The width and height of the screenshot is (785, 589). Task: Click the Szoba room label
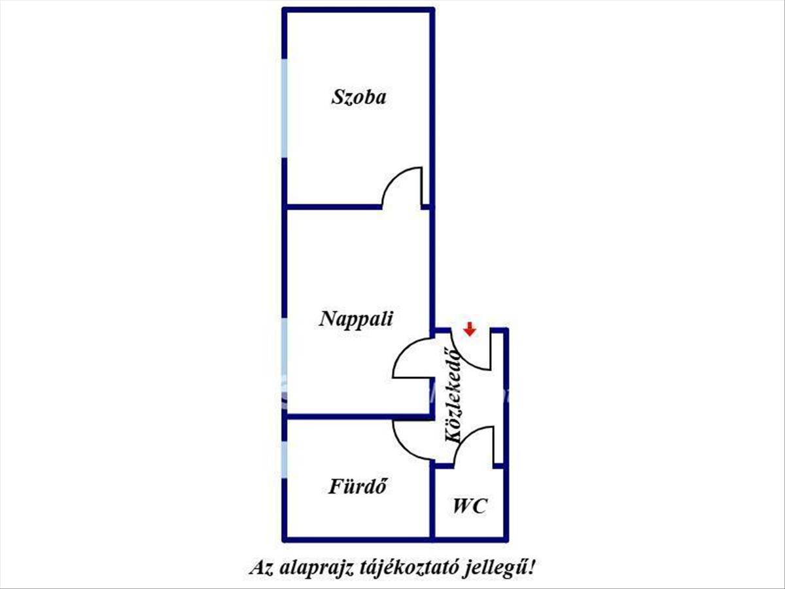tap(358, 97)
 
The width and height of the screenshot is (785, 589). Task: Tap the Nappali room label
tap(356, 318)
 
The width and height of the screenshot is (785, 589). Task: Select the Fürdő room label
tap(358, 486)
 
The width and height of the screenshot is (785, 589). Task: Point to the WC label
tap(470, 506)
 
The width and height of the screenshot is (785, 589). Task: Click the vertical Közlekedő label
tap(453, 396)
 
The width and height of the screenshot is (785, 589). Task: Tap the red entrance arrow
tap(470, 329)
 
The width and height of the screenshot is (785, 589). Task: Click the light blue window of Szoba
tap(285, 108)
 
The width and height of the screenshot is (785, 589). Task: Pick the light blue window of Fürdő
tap(285, 460)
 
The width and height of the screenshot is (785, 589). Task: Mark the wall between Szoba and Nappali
tap(332, 207)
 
